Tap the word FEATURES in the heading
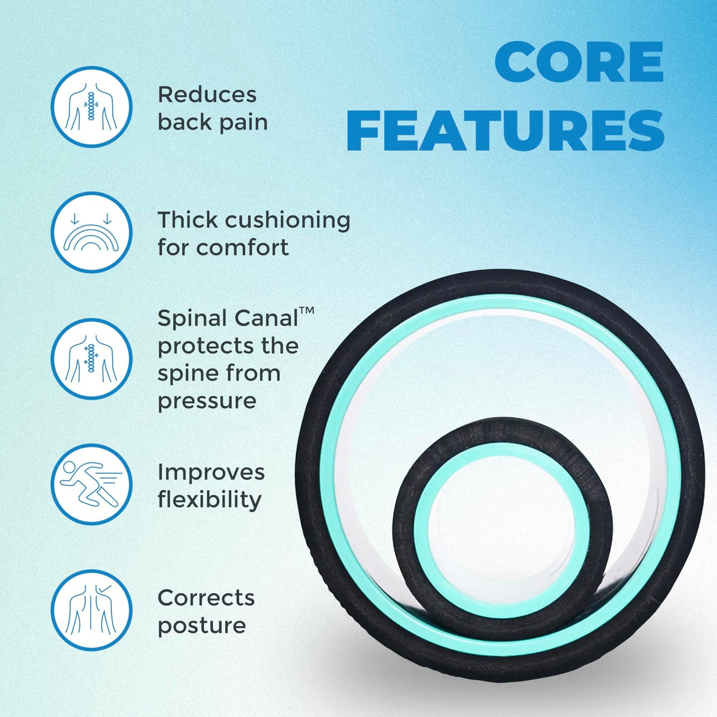pyautogui.click(x=505, y=130)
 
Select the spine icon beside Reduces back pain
pyautogui.click(x=91, y=107)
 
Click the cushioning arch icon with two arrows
pyautogui.click(x=91, y=232)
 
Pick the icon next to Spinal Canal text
pyautogui.click(x=91, y=359)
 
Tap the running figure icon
pyautogui.click(x=91, y=484)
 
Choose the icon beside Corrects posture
pyautogui.click(x=91, y=610)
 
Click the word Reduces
pyautogui.click(x=207, y=94)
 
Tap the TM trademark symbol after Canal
pyautogui.click(x=307, y=311)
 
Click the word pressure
pyautogui.click(x=207, y=401)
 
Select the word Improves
pyautogui.click(x=211, y=472)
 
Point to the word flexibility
pyautogui.click(x=209, y=500)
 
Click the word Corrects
pyautogui.click(x=206, y=598)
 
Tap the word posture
pyautogui.click(x=201, y=626)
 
